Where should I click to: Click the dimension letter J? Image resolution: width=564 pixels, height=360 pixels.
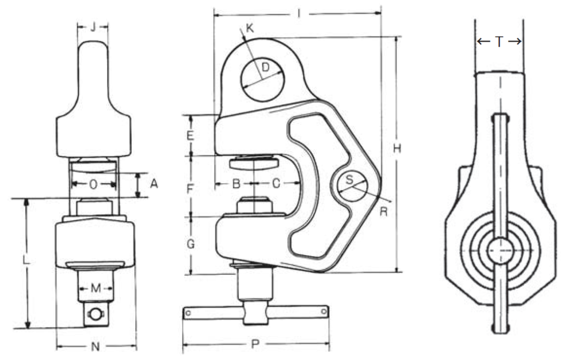click(x=92, y=26)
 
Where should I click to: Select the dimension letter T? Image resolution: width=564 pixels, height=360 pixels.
click(x=499, y=41)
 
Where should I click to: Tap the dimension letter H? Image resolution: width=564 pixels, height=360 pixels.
click(x=397, y=149)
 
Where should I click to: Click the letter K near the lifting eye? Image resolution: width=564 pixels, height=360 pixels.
click(x=249, y=28)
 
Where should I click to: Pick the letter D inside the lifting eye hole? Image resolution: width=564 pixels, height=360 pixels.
click(x=265, y=68)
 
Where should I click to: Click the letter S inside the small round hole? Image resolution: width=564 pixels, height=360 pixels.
click(x=349, y=180)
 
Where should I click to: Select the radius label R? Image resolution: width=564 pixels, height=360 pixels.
click(x=384, y=211)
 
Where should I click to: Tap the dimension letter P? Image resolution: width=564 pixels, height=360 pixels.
click(x=255, y=344)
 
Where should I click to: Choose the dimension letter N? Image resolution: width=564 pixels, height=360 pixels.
click(x=96, y=346)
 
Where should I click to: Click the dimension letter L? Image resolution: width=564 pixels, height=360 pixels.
click(x=26, y=260)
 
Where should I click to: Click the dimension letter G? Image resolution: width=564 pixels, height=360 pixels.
click(x=191, y=244)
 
